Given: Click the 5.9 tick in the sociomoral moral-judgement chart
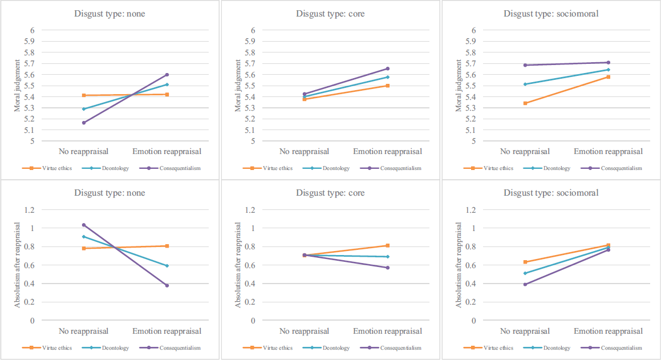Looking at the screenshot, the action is [471, 41].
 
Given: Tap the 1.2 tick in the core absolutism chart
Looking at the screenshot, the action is [250, 210].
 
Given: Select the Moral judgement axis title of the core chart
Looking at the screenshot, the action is [238, 86].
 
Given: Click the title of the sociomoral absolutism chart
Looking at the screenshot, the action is [551, 193].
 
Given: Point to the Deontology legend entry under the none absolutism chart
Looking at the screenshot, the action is [106, 348].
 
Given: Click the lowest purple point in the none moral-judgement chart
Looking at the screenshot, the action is [84, 123].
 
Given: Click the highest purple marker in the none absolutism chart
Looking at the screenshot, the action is [84, 225].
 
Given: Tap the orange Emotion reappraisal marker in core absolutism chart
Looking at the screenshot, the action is [388, 245].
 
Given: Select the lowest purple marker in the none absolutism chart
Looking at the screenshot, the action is [167, 285].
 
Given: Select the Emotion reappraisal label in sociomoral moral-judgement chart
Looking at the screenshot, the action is [609, 151].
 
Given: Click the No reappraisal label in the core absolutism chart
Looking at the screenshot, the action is [305, 331].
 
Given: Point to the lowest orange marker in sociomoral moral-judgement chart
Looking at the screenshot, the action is [525, 103].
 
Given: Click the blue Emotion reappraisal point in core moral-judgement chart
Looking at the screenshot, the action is [388, 77].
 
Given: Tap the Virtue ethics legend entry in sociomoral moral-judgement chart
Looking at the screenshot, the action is [488, 168].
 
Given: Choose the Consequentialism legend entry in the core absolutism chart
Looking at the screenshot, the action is [391, 348].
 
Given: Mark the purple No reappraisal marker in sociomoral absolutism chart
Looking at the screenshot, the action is [525, 285].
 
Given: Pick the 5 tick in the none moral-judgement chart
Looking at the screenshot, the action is [33, 141].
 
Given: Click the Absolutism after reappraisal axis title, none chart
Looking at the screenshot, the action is [17, 265].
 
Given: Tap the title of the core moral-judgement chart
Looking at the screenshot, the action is [331, 14].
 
